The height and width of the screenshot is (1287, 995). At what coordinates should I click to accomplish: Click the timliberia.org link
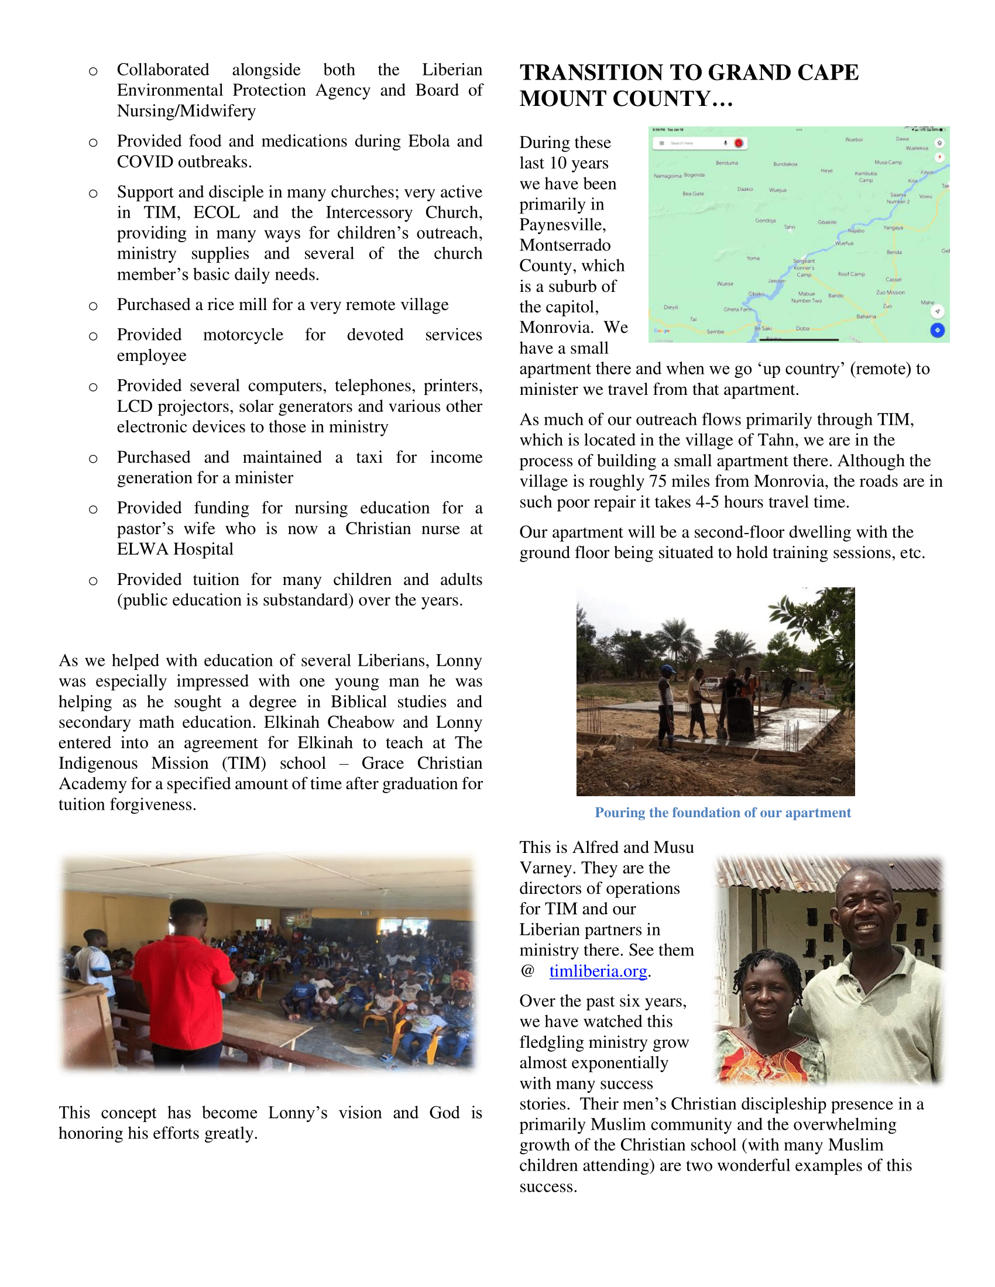pos(598,971)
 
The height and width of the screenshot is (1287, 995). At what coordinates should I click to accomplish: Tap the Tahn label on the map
pos(790,227)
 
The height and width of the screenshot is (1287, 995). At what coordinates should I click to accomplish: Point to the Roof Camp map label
pos(851,274)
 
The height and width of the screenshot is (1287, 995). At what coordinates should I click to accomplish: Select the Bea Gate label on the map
pos(693,193)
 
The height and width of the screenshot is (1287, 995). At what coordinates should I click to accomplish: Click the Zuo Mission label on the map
pos(890,292)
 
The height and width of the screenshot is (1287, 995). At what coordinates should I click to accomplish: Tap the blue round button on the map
pos(937,330)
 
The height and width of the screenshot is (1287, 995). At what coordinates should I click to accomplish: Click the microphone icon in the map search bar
pos(726,143)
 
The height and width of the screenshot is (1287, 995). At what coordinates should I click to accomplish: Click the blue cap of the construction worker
pos(667,669)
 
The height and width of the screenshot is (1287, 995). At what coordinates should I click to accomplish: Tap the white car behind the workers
pos(712,683)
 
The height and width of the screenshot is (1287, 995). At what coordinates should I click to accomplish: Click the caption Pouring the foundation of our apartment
pos(723,813)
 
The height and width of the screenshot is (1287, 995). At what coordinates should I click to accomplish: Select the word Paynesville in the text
pos(562,225)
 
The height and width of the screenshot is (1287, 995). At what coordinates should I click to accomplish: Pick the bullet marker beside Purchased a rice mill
pos(93,306)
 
